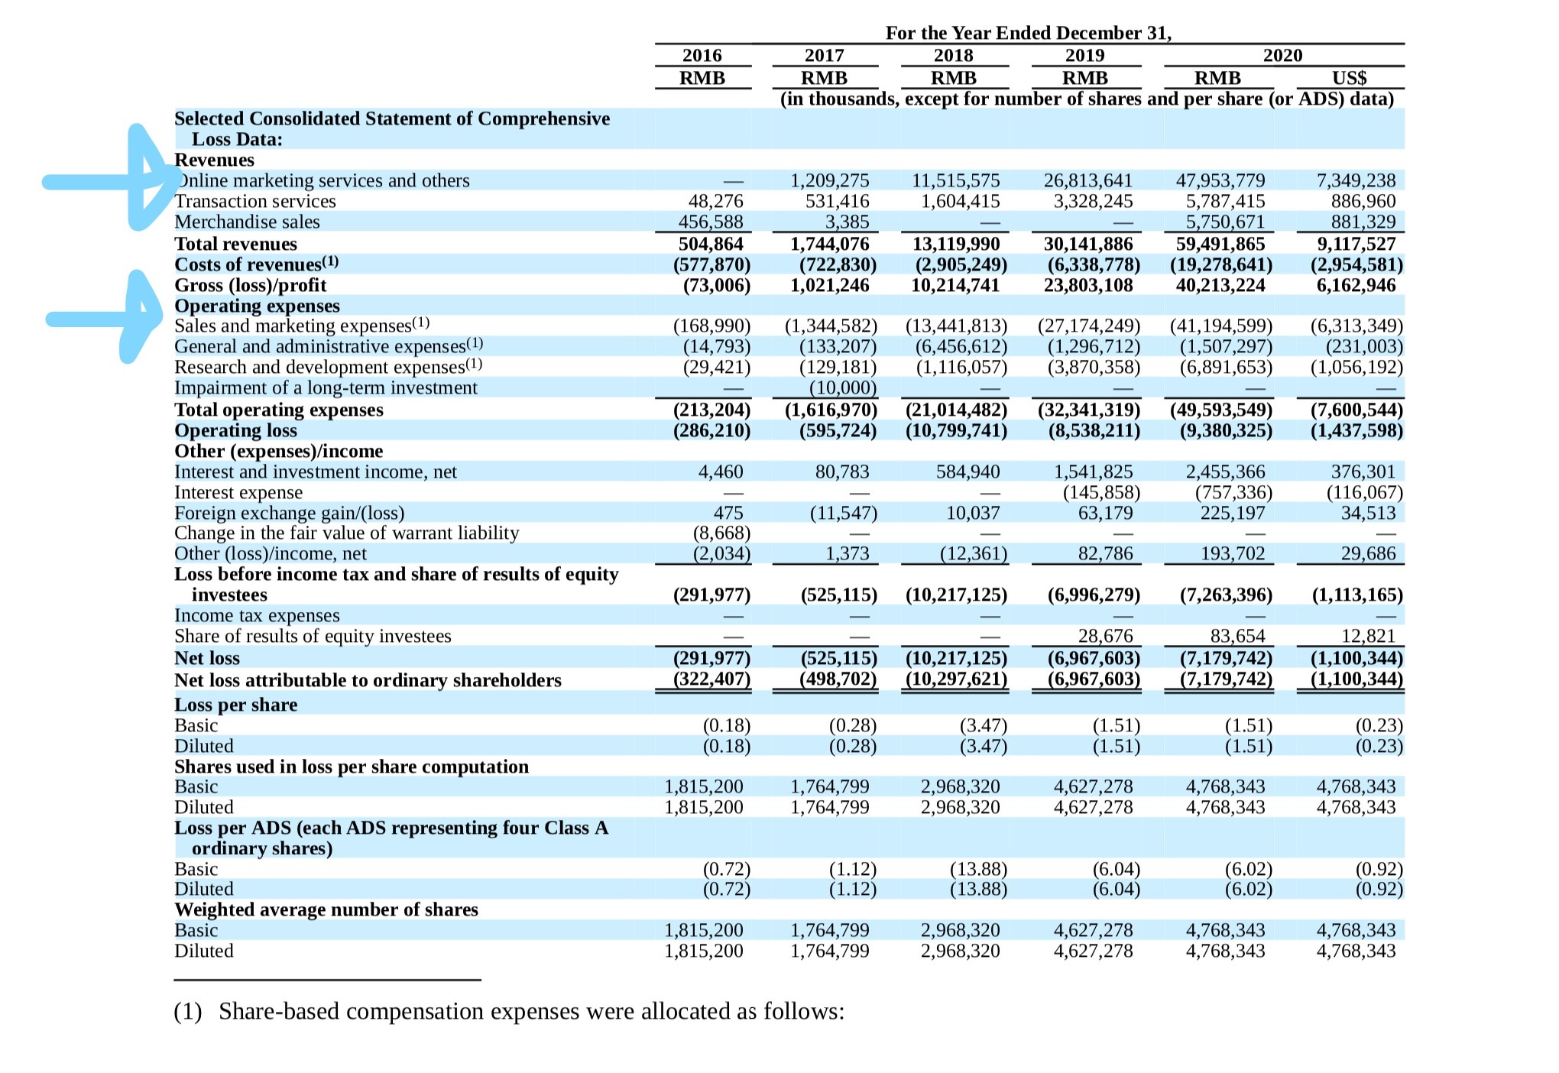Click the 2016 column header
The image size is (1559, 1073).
tap(702, 55)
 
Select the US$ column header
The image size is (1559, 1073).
tap(1349, 78)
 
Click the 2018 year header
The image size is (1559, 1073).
tap(953, 55)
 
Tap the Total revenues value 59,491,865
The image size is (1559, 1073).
tap(1220, 244)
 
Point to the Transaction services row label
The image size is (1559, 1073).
tap(255, 201)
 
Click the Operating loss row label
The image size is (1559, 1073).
tap(235, 430)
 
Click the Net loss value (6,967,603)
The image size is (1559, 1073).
tap(1094, 658)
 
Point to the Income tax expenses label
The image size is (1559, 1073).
tap(257, 615)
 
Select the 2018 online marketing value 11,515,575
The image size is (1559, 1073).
tap(955, 180)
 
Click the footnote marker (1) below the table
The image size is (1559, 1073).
tap(188, 1011)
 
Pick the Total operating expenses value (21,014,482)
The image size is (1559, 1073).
tap(956, 410)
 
